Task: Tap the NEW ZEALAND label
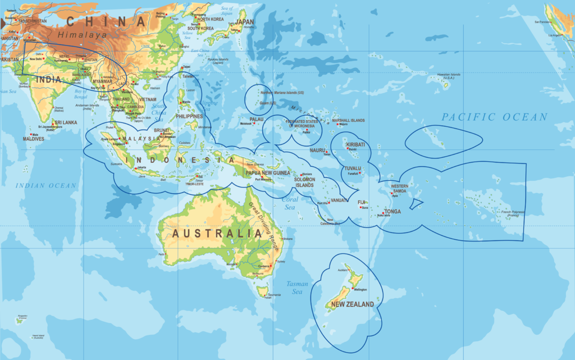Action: pos(352,304)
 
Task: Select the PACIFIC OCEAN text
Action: pos(494,117)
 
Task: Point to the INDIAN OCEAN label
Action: pos(45,185)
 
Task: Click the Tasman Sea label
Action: pos(297,288)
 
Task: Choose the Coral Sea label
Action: pos(290,203)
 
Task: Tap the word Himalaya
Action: pos(85,35)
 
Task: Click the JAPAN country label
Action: pos(244,22)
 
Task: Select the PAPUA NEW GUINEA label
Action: pos(267,173)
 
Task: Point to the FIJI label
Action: pos(361,202)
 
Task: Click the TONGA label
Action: pos(393,212)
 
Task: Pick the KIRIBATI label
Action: pos(355,144)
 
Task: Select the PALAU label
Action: pos(256,120)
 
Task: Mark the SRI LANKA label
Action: pos(65,122)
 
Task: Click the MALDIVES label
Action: pos(33,138)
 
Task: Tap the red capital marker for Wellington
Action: pos(353,289)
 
